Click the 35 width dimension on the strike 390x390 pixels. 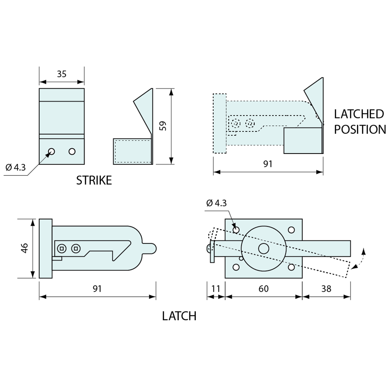click(62, 74)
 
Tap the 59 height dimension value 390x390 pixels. click(163, 126)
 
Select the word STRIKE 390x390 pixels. click(94, 180)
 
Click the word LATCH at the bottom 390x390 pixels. click(179, 316)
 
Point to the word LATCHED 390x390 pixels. click(359, 114)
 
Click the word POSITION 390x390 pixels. click(360, 129)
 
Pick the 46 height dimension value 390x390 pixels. click(25, 248)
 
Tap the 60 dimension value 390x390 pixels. click(263, 289)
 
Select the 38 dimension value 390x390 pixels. click(326, 289)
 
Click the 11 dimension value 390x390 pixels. click(216, 289)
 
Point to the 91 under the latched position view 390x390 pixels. click(268, 164)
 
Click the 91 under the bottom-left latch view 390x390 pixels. click(97, 289)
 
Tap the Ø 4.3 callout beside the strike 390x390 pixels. click(15, 167)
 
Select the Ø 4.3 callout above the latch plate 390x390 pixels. click(216, 203)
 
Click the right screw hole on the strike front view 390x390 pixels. click(72, 151)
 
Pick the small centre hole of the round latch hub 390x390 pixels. click(264, 249)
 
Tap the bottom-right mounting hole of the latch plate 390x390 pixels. click(291, 267)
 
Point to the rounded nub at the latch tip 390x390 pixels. click(150, 249)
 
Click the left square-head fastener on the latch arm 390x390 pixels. click(62, 249)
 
